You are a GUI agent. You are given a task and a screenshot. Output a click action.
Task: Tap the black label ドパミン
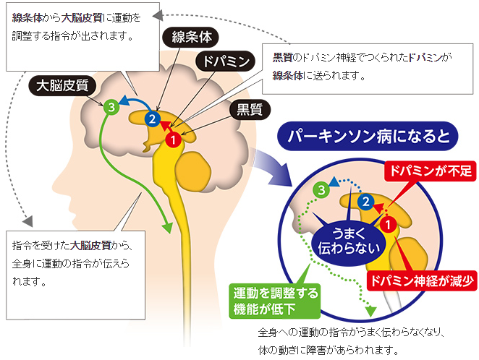click(225, 61)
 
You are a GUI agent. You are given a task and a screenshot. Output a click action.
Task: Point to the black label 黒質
click(246, 110)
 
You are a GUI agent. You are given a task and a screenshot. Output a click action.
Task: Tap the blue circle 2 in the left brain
click(151, 118)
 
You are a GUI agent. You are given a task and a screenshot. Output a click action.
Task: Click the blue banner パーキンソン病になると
click(368, 136)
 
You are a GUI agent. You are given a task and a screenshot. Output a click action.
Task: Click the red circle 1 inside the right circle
click(386, 224)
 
